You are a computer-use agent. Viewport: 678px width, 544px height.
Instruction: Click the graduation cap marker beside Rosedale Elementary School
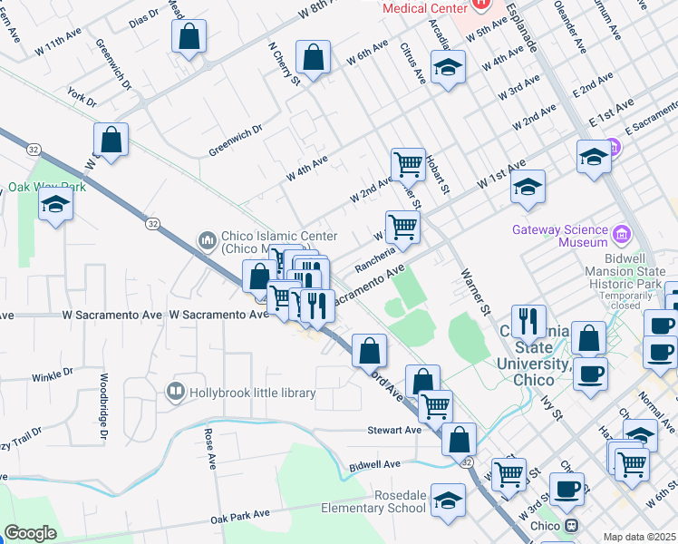448,500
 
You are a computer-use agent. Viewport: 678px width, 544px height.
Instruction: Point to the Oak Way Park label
46,187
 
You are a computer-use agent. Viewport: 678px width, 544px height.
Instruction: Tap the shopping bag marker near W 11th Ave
189,37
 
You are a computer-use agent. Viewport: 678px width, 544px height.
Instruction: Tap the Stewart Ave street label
394,430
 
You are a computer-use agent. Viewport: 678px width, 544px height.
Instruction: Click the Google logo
30,533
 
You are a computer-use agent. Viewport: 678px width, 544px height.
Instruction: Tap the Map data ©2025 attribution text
639,537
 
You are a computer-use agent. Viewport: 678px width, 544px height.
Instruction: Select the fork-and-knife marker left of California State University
528,321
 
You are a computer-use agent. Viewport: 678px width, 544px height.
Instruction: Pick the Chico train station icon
571,526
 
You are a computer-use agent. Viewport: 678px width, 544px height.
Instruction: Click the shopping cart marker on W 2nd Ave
408,164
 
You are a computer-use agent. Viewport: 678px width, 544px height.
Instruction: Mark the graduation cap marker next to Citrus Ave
448,68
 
